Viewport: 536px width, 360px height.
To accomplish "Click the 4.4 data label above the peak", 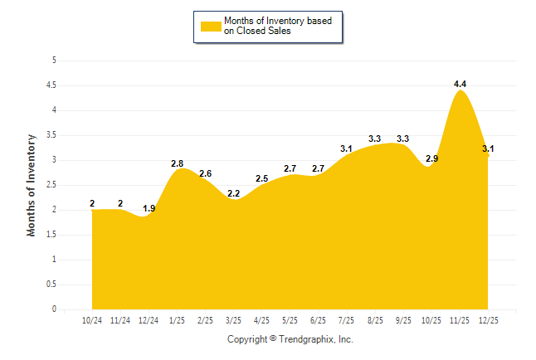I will (x=460, y=84).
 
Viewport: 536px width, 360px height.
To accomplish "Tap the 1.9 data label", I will (x=149, y=208).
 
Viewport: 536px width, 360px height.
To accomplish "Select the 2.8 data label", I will (x=177, y=163).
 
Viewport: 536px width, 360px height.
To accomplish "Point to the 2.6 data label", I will (x=205, y=173).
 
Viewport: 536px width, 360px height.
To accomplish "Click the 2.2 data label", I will (x=233, y=193).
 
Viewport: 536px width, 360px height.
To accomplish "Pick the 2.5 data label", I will (x=261, y=178).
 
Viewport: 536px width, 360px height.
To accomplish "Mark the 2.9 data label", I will (x=431, y=158).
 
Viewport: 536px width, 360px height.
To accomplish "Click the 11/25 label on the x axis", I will (x=460, y=319).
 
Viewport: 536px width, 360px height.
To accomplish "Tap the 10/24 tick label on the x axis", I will (x=92, y=319).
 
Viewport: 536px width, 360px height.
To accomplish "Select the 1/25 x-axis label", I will (x=177, y=319).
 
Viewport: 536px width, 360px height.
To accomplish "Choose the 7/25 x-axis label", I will (x=347, y=319).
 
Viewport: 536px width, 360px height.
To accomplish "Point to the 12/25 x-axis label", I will (x=488, y=319).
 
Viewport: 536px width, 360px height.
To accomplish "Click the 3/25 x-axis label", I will (x=233, y=319).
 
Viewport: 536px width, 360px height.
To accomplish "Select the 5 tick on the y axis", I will (x=54, y=61).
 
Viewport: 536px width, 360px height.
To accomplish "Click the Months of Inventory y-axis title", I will (x=32, y=185).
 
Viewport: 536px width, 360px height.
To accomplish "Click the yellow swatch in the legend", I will (x=210, y=26).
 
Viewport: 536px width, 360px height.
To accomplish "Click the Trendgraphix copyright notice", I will (x=290, y=339).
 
